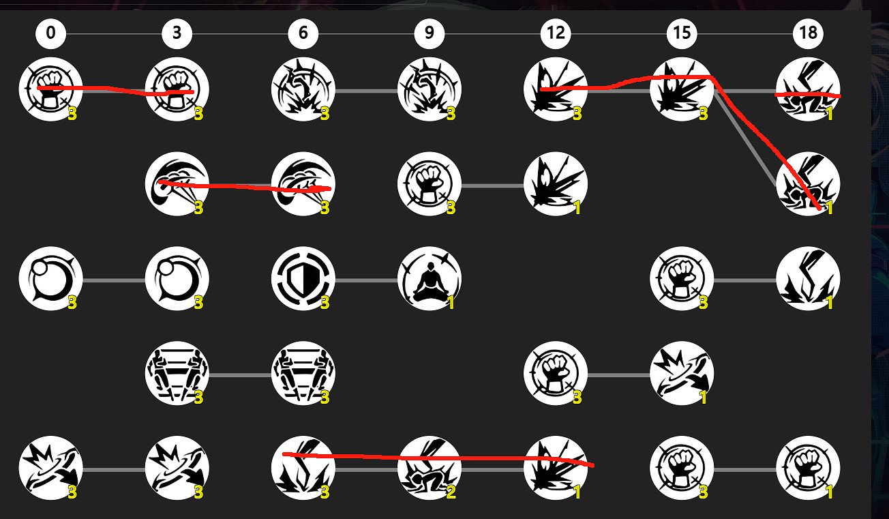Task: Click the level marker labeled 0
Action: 50,33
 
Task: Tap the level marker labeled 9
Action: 429,33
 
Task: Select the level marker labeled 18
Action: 808,33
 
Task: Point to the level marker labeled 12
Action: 556,33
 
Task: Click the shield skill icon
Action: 303,279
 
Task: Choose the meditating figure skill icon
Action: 429,279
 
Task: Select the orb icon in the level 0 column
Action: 50,279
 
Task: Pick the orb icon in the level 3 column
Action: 177,279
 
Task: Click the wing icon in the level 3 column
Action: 177,184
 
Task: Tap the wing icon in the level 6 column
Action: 303,184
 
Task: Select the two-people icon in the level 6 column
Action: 303,374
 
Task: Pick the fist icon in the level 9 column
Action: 429,184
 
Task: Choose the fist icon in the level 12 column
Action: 556,374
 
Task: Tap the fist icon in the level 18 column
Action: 808,469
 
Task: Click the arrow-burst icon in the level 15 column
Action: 682,374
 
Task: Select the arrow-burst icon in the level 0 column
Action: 50,469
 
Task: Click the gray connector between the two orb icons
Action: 114,280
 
